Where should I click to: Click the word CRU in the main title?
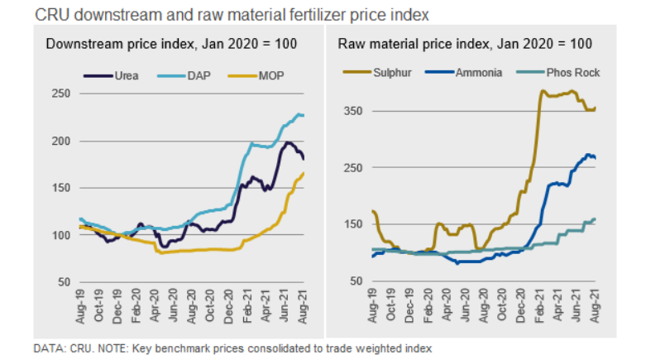[x=47, y=13]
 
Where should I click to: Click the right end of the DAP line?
[x=304, y=115]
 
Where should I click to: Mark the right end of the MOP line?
[x=304, y=172]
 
